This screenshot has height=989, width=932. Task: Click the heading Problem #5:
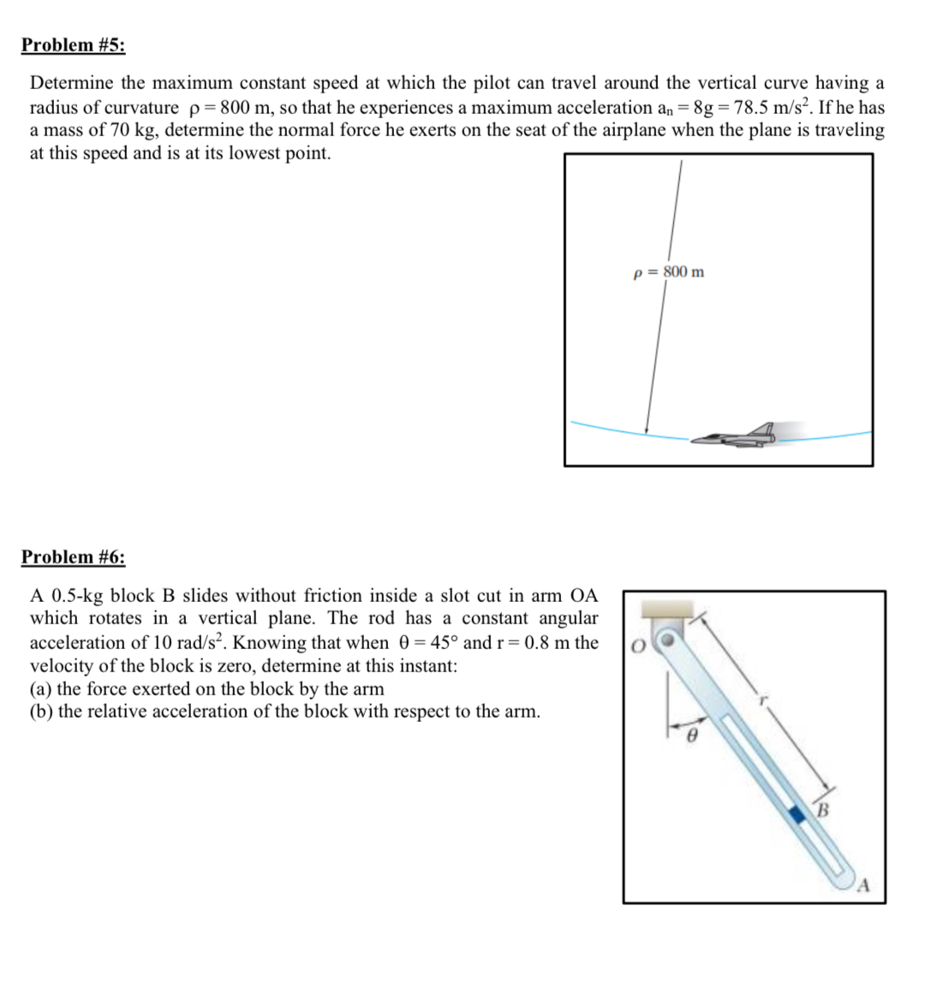[x=73, y=45]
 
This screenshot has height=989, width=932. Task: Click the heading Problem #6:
[x=73, y=557]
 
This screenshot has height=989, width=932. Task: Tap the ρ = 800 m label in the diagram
[x=668, y=272]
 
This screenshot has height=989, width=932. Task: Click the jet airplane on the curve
[x=736, y=437]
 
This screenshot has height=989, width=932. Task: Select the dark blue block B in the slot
[x=798, y=815]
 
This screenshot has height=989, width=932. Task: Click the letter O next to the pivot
[x=636, y=644]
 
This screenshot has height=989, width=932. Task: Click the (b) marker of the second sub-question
[x=41, y=712]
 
